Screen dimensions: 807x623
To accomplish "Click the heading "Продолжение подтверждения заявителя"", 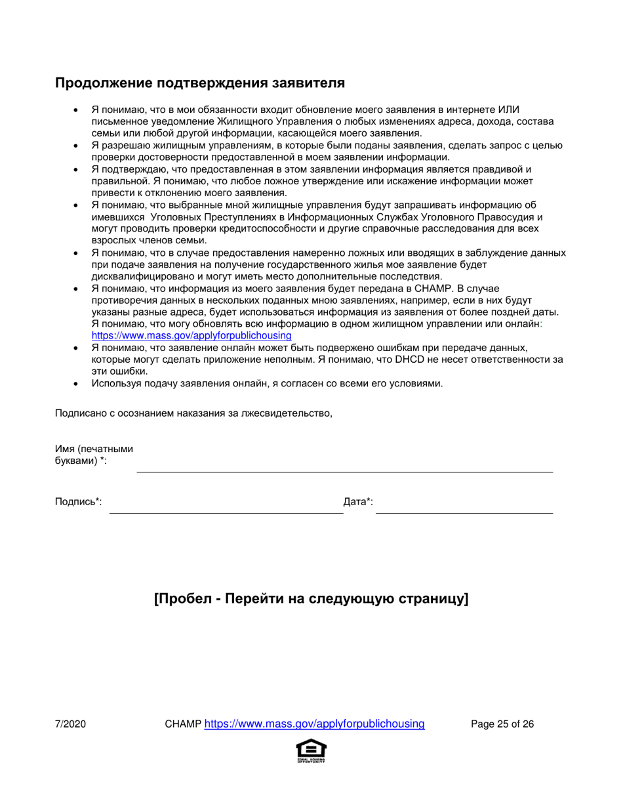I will pyautogui.click(x=199, y=83).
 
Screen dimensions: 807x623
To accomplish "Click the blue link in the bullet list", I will pyautogui.click(x=191, y=335).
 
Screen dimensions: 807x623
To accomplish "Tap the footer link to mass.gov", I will pyautogui.click(x=315, y=724).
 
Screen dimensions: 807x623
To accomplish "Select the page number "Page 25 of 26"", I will pyautogui.click(x=502, y=724).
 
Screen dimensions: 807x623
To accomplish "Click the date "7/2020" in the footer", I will pyautogui.click(x=70, y=724).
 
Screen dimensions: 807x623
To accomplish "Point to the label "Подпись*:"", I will pyautogui.click(x=79, y=502).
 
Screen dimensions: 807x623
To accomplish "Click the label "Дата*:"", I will pyautogui.click(x=358, y=502).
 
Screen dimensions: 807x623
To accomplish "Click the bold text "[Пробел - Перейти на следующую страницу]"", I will pyautogui.click(x=311, y=600).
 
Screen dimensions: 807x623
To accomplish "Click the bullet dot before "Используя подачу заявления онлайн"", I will pyautogui.click(x=77, y=384).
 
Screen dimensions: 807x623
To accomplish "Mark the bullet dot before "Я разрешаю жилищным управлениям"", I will pyautogui.click(x=77, y=146).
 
